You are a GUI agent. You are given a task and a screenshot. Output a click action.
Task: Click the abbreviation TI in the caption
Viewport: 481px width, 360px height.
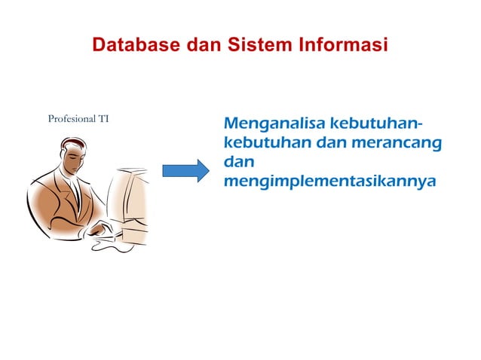coord(104,119)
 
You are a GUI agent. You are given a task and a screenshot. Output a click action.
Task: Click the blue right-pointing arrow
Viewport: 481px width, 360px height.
coord(184,171)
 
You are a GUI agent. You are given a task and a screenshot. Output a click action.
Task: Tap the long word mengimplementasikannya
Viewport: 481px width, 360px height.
coord(330,182)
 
